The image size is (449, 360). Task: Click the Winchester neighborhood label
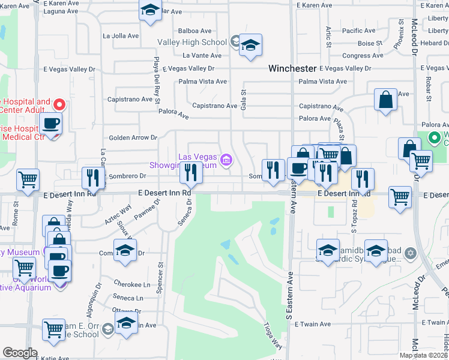click(292, 68)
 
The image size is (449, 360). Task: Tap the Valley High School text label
click(192, 42)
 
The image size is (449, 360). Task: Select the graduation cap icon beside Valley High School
click(250, 45)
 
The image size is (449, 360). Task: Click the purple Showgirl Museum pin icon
click(226, 160)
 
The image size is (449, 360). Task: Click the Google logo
click(20, 353)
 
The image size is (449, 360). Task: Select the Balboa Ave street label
click(195, 31)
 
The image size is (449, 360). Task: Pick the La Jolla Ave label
click(121, 35)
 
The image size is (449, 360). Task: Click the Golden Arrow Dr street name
click(132, 137)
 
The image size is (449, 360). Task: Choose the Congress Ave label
click(362, 56)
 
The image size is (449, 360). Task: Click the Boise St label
click(366, 43)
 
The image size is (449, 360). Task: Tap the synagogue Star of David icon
click(410, 253)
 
